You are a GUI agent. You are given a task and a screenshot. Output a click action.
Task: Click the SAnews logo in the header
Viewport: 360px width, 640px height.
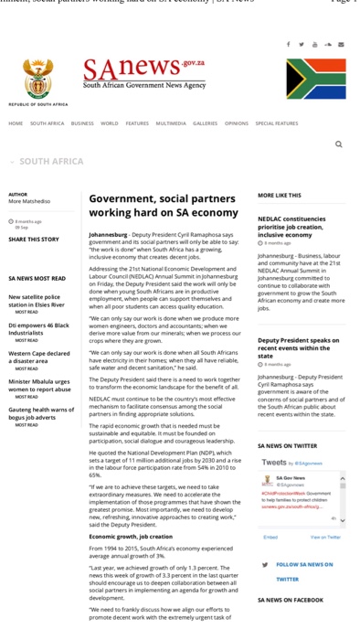click(143, 73)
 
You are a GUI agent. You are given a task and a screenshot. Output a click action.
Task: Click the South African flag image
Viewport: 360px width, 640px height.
click(315, 79)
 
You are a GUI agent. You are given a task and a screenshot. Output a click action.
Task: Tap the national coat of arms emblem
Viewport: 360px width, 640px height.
click(37, 80)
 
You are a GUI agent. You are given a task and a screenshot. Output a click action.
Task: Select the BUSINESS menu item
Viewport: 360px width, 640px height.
click(82, 123)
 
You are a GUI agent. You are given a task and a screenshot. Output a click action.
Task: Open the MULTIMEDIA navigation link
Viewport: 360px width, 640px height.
click(170, 123)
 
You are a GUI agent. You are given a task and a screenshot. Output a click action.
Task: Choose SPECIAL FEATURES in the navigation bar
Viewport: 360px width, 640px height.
click(276, 123)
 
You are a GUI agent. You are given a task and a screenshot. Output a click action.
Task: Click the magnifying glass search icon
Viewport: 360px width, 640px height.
click(338, 144)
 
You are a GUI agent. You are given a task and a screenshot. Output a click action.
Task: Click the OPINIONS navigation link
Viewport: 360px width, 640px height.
click(236, 123)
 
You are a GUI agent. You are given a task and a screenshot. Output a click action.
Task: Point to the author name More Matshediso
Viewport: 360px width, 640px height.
click(29, 201)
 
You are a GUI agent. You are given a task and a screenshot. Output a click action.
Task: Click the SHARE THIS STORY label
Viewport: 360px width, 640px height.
click(34, 240)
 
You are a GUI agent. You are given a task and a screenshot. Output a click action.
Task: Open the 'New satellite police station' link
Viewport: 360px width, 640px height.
click(36, 300)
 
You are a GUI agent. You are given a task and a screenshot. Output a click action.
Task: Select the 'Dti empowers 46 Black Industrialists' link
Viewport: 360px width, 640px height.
click(38, 328)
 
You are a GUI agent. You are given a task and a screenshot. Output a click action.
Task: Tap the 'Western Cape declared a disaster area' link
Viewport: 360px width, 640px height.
click(38, 357)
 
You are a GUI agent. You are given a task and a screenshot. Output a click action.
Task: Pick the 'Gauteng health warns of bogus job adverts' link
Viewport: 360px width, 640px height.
click(41, 413)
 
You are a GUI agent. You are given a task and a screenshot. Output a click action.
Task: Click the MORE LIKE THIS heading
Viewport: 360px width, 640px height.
click(279, 195)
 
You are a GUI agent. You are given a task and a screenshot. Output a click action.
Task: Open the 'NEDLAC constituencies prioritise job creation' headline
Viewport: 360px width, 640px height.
click(291, 227)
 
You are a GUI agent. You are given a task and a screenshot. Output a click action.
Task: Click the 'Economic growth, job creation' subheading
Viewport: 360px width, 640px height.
click(131, 537)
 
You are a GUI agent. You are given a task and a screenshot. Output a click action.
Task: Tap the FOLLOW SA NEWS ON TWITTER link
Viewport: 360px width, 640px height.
click(304, 571)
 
